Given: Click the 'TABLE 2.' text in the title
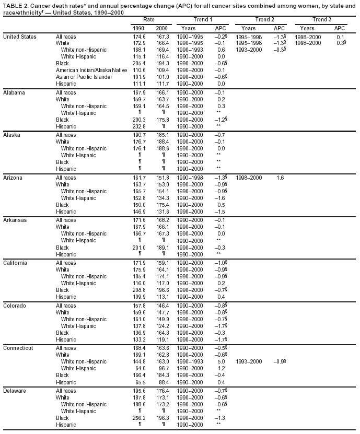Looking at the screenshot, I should pyautogui.click(x=16, y=5).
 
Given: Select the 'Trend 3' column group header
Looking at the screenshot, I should pyautogui.click(x=322, y=19).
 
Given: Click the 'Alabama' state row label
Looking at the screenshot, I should pyautogui.click(x=15, y=92).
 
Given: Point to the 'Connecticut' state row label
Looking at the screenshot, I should pyautogui.click(x=18, y=348).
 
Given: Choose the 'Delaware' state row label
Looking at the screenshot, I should pyautogui.click(x=15, y=391).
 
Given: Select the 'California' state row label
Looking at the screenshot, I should pyautogui.click(x=16, y=263).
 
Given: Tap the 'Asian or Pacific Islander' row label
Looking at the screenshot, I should pyautogui.click(x=84, y=77).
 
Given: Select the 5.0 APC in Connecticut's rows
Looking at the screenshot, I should pyautogui.click(x=220, y=361).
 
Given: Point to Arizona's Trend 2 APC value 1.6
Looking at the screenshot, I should pyautogui.click(x=280, y=178).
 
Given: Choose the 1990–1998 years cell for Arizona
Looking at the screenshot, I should pyautogui.click(x=190, y=178).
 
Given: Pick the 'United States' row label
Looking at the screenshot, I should pyautogui.click(x=19, y=37).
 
